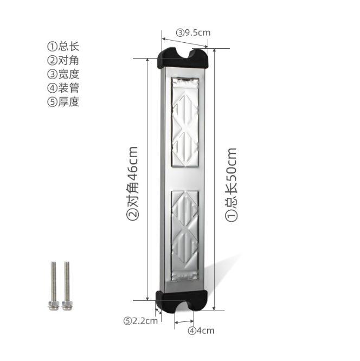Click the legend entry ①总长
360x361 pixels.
point(63,46)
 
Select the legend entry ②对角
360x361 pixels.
point(63,60)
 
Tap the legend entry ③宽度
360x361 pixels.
point(63,74)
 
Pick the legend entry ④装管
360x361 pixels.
point(63,88)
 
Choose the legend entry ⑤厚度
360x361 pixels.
point(63,102)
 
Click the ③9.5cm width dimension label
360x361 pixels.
point(192,33)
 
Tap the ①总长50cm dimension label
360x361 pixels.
point(232,184)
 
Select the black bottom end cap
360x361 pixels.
point(182,301)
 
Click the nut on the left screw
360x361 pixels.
point(53,302)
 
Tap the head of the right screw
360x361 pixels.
point(67,265)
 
